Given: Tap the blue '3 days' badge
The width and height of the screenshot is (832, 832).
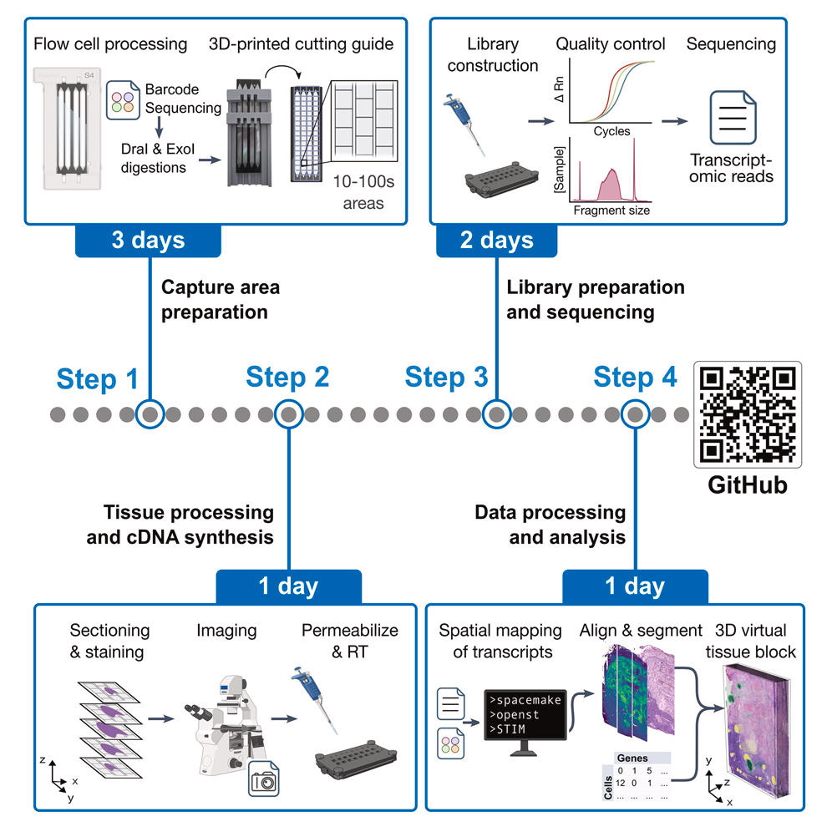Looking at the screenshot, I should click(x=150, y=241).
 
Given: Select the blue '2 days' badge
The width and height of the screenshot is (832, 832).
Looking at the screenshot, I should click(x=496, y=241).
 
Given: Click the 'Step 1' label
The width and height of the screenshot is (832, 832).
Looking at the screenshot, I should click(x=98, y=378).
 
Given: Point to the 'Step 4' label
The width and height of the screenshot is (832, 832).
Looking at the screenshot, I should click(x=635, y=378).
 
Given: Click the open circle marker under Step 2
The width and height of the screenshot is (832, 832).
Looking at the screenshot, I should click(x=288, y=413).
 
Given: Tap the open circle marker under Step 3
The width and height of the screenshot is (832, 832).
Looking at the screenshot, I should click(x=497, y=413).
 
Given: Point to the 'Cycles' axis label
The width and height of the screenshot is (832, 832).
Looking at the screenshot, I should click(x=611, y=132).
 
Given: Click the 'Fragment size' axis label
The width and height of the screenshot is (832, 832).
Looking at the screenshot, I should click(x=611, y=211).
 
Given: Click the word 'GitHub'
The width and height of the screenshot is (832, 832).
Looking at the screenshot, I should click(x=748, y=484).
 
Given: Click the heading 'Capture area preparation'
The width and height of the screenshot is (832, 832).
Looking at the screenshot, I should click(x=220, y=300).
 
